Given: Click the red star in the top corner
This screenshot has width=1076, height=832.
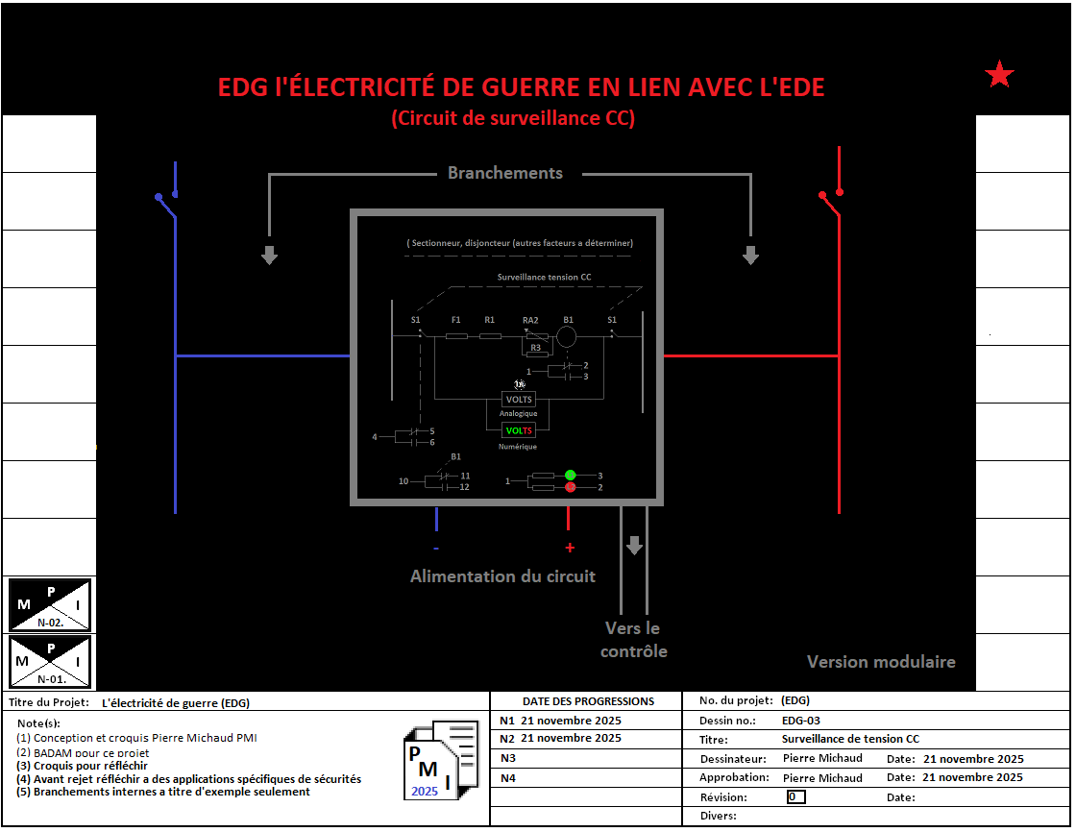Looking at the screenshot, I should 1000,74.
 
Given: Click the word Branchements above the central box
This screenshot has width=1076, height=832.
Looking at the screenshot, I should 505,173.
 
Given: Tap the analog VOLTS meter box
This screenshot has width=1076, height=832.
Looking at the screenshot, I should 519,400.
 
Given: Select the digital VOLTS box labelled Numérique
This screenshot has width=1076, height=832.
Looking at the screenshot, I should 519,431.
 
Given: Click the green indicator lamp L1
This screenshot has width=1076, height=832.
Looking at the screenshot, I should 570,475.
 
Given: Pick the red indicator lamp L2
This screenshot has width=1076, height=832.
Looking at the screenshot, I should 570,488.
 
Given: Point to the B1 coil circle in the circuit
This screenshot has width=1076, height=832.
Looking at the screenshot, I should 567,336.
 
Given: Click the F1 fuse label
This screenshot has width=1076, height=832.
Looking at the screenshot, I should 456,319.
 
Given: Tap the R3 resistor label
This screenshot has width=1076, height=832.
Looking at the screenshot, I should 535,347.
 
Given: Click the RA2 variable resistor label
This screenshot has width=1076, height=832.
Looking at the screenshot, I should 530,319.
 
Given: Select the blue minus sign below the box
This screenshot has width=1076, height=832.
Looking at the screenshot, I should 436,548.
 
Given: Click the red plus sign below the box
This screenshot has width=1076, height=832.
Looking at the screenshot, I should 569,548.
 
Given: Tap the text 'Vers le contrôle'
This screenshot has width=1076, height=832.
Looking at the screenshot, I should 633,640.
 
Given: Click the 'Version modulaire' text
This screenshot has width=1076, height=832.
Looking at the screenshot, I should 881,662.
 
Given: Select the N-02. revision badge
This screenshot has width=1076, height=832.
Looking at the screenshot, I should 50,604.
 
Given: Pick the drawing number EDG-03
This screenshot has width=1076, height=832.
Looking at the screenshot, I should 800,721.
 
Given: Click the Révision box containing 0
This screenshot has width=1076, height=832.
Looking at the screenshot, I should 795,796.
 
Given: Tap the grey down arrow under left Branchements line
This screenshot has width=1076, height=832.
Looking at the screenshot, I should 270,255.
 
